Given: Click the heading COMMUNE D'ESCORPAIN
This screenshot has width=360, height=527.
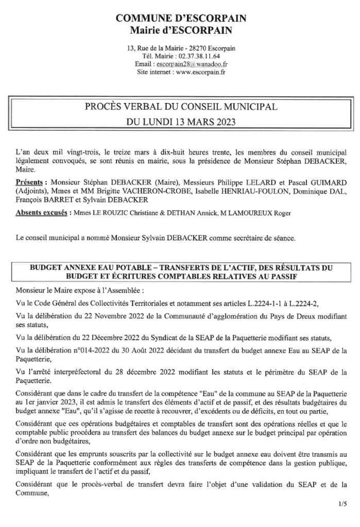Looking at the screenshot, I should coord(181,19).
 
